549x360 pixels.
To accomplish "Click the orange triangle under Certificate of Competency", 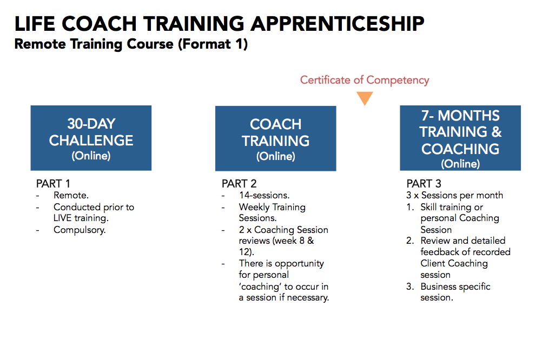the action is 365,98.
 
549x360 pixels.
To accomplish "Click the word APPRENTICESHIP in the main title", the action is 337,24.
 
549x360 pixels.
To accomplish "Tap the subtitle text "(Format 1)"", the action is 213,44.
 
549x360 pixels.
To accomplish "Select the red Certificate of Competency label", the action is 365,80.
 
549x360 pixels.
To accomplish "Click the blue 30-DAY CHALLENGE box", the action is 91,138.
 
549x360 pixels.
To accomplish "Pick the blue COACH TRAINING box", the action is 275,138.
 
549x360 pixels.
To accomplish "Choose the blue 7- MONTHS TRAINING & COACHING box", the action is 460,138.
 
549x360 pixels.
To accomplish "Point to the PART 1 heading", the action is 53,184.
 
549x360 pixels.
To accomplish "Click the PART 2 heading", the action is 239,184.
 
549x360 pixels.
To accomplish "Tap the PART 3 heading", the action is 424,184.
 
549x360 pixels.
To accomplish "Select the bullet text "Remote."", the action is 71,195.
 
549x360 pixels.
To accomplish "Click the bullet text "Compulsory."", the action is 80,230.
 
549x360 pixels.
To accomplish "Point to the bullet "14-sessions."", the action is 264,195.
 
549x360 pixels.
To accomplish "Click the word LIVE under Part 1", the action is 62,218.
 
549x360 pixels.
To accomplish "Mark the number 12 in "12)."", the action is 244,252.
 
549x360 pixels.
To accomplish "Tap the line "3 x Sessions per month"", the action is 454,195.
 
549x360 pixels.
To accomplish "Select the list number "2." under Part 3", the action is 410,241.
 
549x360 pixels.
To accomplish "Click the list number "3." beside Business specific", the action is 410,286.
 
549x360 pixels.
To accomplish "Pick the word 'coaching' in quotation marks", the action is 260,287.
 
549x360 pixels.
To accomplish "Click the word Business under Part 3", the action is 438,286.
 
